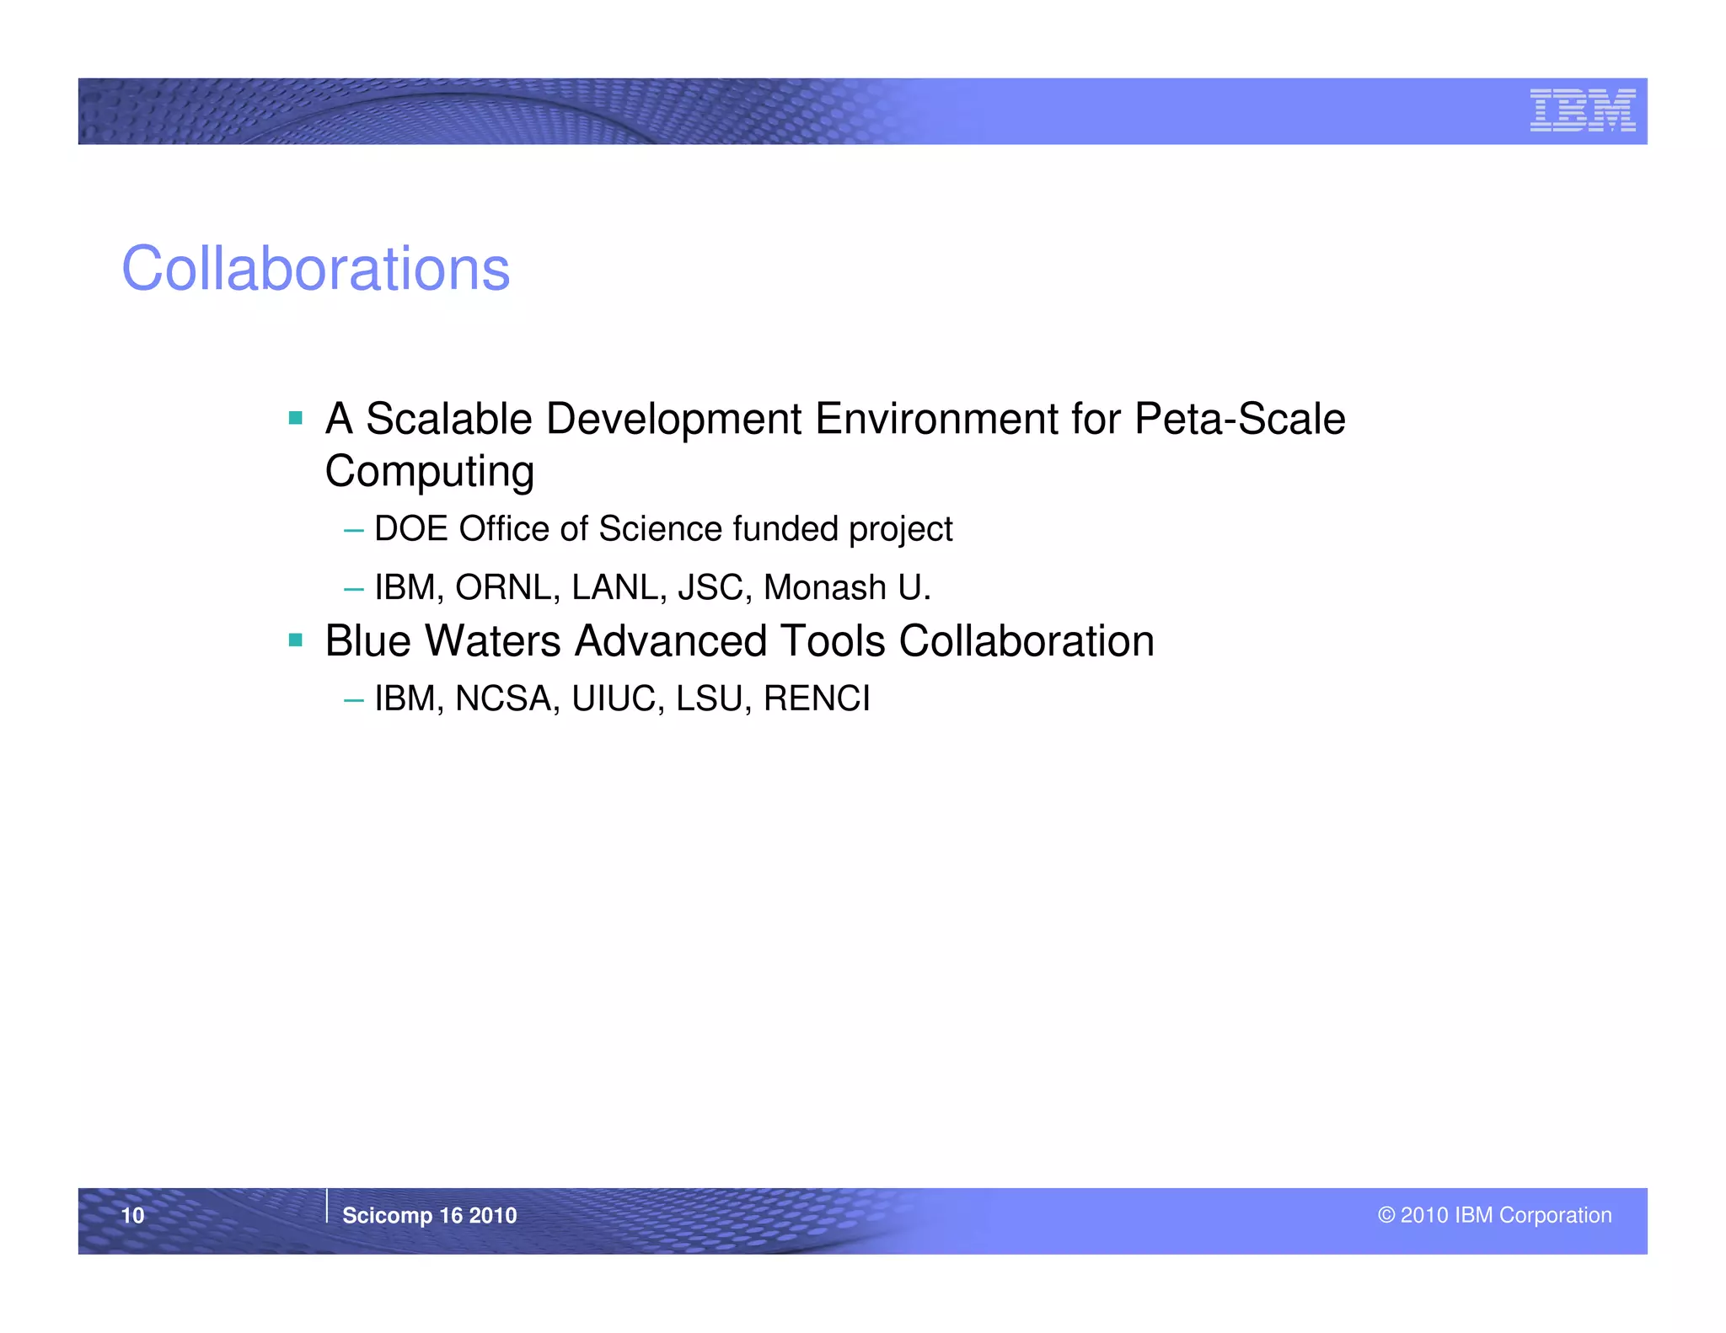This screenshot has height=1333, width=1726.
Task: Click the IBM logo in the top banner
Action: pyautogui.click(x=1582, y=110)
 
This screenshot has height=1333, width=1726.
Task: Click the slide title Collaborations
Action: pyautogui.click(x=316, y=269)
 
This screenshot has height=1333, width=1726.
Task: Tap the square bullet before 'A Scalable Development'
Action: pyautogui.click(x=295, y=418)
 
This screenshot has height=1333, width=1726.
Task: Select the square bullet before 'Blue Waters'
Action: pyautogui.click(x=295, y=640)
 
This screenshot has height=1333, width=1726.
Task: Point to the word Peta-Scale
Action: pyautogui.click(x=1240, y=419)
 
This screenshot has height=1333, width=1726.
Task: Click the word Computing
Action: pyautogui.click(x=430, y=472)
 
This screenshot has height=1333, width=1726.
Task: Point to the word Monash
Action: pyautogui.click(x=824, y=587)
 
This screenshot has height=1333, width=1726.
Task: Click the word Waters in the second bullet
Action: pyautogui.click(x=493, y=641)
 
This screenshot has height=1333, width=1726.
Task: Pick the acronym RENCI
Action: pyautogui.click(x=816, y=699)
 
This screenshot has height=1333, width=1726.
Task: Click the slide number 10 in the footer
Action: pyautogui.click(x=133, y=1215)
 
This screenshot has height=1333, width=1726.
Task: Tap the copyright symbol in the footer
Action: pyautogui.click(x=1386, y=1215)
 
